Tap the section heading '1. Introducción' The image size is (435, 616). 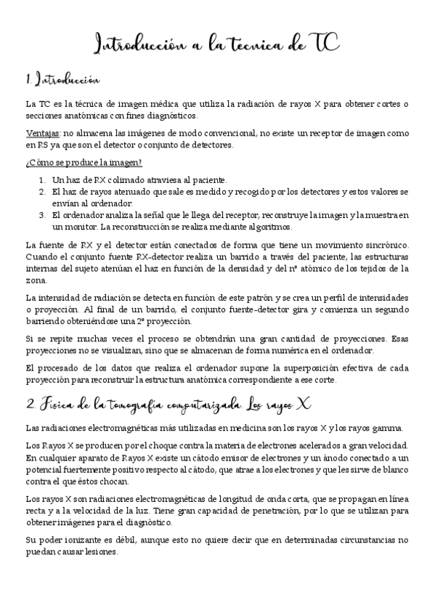(62, 79)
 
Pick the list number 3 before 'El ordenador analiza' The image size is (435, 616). (42, 216)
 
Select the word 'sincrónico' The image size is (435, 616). (388, 245)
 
